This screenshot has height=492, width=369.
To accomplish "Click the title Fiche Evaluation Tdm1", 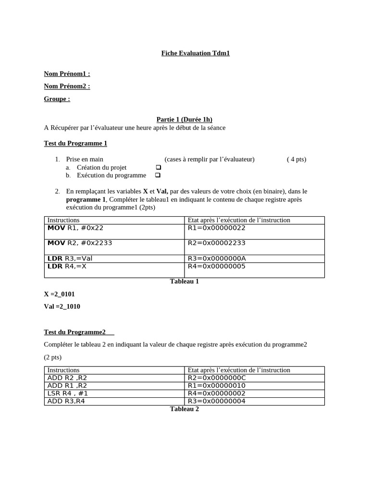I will pos(195,53).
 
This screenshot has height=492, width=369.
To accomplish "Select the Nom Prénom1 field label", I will pos(67,74).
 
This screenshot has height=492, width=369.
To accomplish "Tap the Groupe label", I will pos(57,99).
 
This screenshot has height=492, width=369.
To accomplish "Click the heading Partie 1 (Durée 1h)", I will pos(184,120).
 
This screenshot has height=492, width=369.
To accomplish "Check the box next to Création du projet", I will pos(158,167).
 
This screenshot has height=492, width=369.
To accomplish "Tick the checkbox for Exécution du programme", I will pos(158,175).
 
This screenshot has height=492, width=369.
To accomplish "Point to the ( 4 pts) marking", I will pos(296,160).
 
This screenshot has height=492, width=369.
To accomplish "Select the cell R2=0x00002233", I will pos(216,243).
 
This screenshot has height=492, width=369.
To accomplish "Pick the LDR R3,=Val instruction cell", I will pos(70,258).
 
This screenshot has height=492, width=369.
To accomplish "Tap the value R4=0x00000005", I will pos(216,266).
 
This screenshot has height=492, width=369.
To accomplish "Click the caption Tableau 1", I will pos(184,282).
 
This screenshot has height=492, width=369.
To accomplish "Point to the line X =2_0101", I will pos(60,294).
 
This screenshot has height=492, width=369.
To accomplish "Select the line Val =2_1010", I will pos(62,307).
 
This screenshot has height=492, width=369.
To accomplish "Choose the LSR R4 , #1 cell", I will pos(68,394).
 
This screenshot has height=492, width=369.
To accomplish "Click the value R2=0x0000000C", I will pos(217,378).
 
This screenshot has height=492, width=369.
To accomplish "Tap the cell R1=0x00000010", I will pos(216,386).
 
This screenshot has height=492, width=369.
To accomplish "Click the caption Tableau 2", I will pos(184,409).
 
